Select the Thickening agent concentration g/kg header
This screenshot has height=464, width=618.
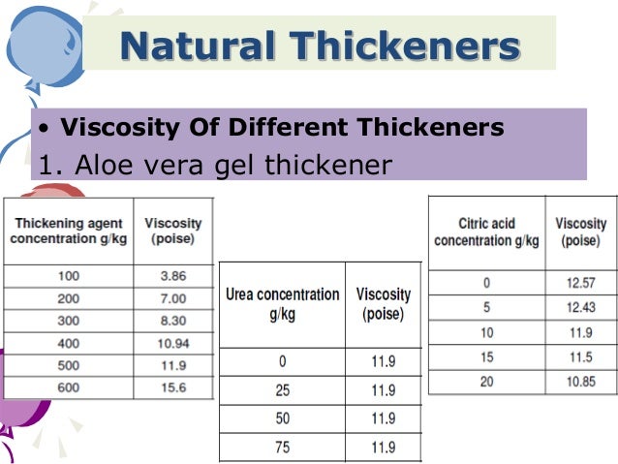coord(67,231)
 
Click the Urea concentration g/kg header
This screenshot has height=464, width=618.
coord(283,304)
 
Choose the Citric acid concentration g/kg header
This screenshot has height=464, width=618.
coord(486,232)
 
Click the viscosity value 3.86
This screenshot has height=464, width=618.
coord(172,276)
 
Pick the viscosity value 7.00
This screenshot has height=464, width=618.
coord(172,298)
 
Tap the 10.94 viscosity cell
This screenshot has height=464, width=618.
coord(172,343)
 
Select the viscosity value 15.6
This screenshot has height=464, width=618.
coord(172,387)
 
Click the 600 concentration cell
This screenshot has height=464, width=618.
coord(69,387)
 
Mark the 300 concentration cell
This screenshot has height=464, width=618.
coord(69,321)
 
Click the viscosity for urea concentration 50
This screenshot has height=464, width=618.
coord(384,419)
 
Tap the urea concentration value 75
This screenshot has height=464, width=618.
coord(283,447)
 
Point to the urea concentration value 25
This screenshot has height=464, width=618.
coord(283,391)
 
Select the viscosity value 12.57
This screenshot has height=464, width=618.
coord(580,283)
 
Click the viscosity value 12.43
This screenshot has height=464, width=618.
coord(580,308)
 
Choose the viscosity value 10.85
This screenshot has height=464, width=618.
coord(580,382)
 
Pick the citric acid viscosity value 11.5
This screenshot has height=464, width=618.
coord(580,357)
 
